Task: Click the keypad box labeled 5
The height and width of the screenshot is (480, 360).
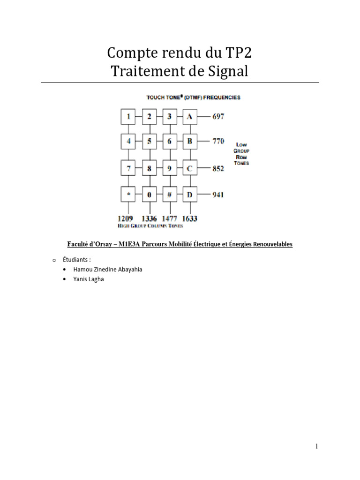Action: (x=150, y=141)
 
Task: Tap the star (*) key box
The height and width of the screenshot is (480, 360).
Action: (x=128, y=194)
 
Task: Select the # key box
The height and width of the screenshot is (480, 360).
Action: (x=170, y=194)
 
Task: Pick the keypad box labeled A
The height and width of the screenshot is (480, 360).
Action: (x=189, y=116)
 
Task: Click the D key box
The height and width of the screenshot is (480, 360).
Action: (x=189, y=194)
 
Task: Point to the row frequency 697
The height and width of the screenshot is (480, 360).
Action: (x=218, y=116)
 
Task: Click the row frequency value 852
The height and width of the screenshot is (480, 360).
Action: (x=218, y=168)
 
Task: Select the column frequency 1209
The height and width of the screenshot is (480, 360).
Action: (x=126, y=218)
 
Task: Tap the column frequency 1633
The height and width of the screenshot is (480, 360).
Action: (x=190, y=218)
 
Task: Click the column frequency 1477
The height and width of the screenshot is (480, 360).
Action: (x=169, y=218)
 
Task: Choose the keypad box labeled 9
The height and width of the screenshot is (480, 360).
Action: (x=170, y=168)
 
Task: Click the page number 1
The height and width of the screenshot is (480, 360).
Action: (x=317, y=446)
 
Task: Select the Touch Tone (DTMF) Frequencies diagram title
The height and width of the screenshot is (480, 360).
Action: (x=194, y=97)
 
